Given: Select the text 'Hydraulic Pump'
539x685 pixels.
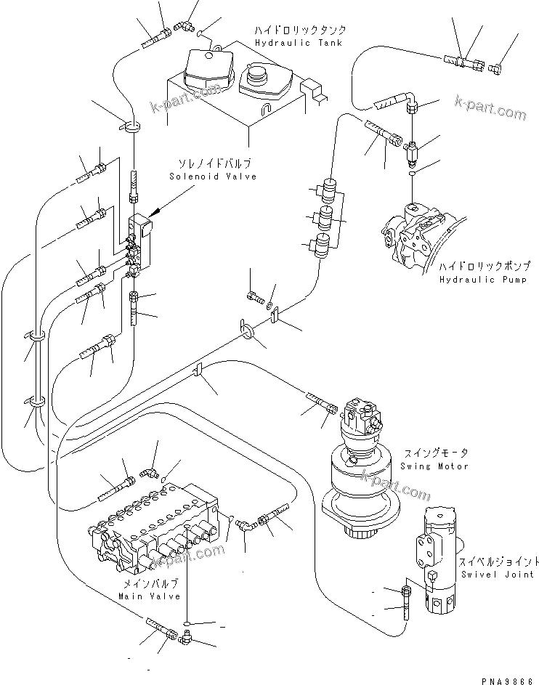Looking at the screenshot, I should point(483,279).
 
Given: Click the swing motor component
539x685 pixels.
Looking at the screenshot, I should point(360,472).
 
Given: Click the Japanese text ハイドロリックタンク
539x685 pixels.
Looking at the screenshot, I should point(299,31).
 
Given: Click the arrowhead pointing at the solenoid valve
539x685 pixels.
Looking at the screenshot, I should point(153,214).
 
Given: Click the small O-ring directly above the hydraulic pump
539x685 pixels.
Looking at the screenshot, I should point(413,174).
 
